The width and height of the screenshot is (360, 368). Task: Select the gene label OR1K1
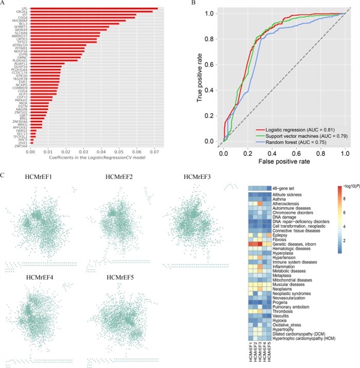pos(24,12)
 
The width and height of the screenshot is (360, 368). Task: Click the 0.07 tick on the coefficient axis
pos(154,152)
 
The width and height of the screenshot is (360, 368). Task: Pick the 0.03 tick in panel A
pos(83,152)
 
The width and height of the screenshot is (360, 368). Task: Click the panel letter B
pos(194,5)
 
